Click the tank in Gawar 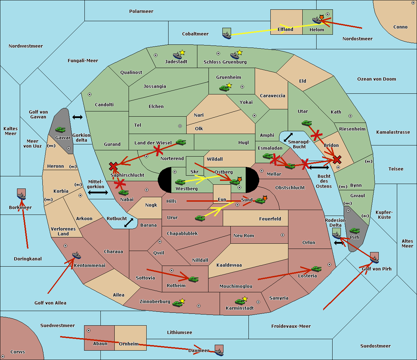(x=60, y=129)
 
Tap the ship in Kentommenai (x=76, y=255)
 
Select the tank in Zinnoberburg (x=177, y=303)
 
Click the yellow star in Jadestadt (x=182, y=52)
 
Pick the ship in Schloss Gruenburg (x=235, y=56)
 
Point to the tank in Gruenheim (x=224, y=88)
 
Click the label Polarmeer (x=141, y=11)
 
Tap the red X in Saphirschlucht (x=113, y=166)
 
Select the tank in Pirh (x=354, y=231)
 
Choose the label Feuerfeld (x=270, y=219)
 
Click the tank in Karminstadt (x=240, y=302)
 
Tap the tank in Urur (x=200, y=218)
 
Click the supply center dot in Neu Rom (x=283, y=235)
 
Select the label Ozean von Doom (x=376, y=79)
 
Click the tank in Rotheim (x=194, y=279)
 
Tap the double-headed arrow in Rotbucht (x=129, y=223)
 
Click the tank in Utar (x=306, y=123)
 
